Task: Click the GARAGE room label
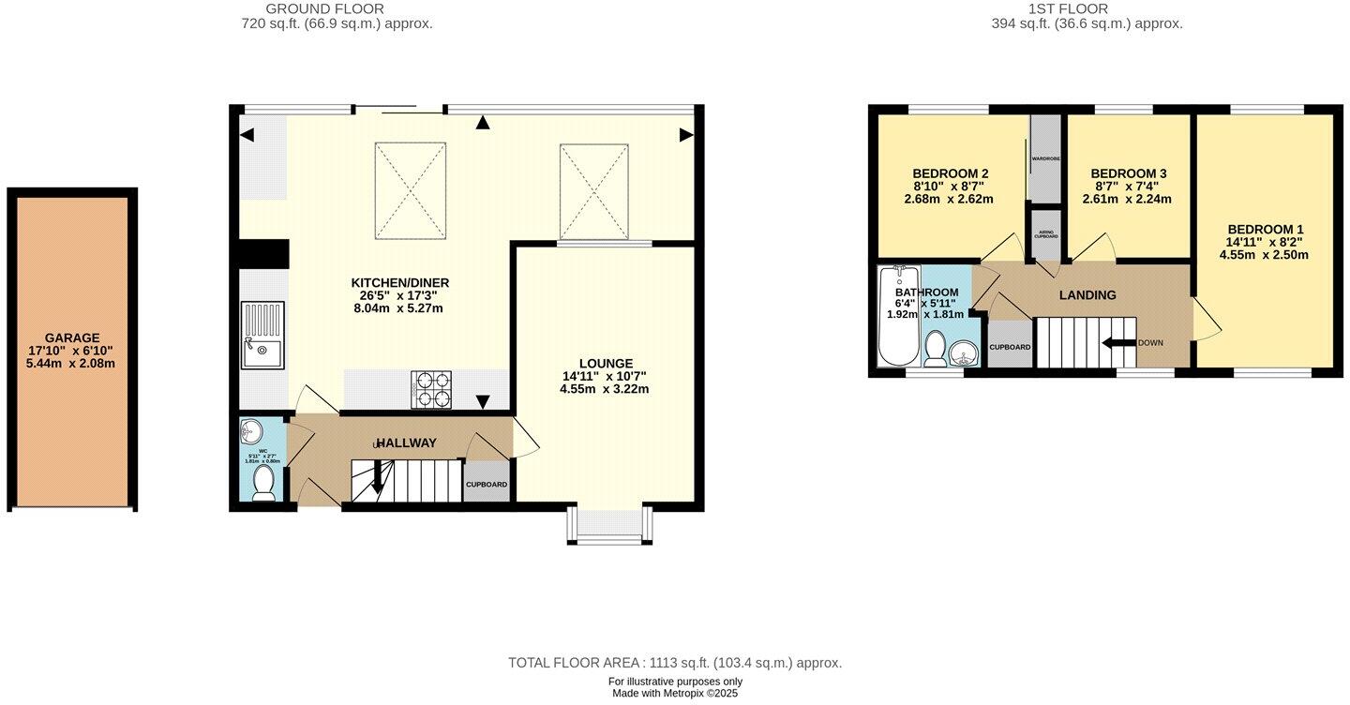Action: click(x=72, y=338)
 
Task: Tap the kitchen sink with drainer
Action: click(x=262, y=335)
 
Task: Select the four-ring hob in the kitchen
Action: click(x=431, y=389)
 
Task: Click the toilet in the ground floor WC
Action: click(x=264, y=484)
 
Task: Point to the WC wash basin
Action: click(x=251, y=433)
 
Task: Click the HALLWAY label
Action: click(x=406, y=442)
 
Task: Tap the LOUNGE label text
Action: click(x=606, y=364)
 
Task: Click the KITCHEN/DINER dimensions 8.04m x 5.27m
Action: click(x=397, y=307)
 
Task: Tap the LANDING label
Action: click(x=1087, y=295)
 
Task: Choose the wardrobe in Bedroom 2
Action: click(x=1044, y=158)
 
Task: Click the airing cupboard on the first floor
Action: click(x=1046, y=233)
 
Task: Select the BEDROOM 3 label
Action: click(x=1128, y=173)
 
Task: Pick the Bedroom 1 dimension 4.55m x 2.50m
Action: click(x=1266, y=254)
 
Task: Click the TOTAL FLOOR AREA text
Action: click(x=675, y=663)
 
